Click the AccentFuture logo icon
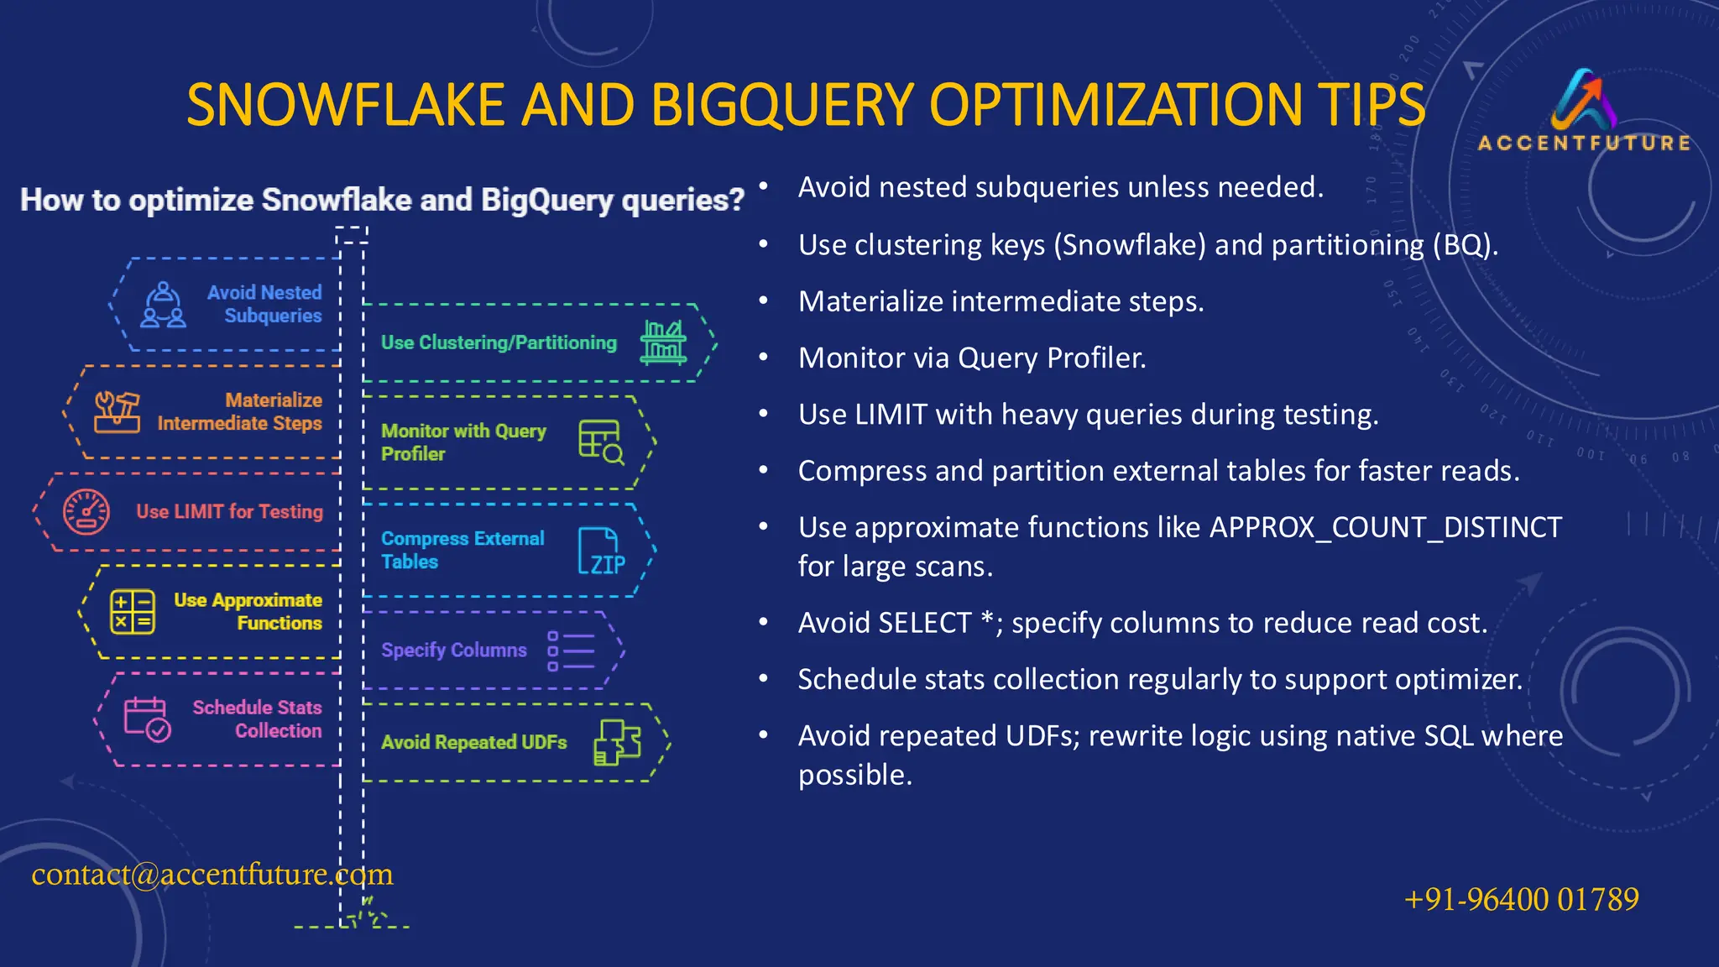point(1585,99)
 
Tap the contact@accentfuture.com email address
point(212,875)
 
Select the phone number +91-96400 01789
point(1521,900)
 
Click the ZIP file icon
point(601,551)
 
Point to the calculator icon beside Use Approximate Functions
point(133,611)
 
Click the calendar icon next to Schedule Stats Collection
point(147,719)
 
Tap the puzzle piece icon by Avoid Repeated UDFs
point(618,742)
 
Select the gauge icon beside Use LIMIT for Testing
point(86,512)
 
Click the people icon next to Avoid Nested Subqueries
point(163,306)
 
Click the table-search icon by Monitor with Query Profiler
point(601,442)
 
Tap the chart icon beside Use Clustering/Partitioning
point(663,342)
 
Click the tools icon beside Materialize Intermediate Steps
point(117,412)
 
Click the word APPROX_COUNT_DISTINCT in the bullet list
point(1385,528)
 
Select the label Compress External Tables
point(462,550)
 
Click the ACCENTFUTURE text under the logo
point(1584,144)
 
